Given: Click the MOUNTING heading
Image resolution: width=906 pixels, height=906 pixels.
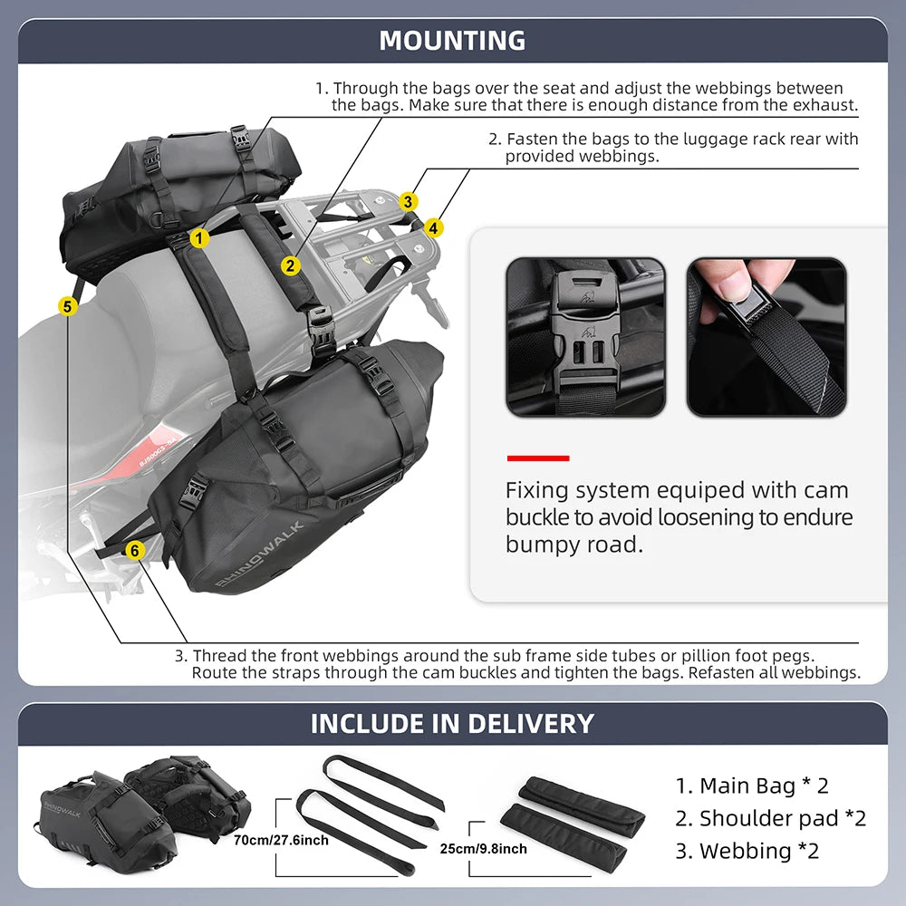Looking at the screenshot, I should pyautogui.click(x=452, y=41).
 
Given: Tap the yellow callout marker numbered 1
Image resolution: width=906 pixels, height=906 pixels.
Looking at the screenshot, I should pyautogui.click(x=200, y=238).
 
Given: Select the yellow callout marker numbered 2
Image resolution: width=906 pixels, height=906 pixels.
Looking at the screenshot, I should pyautogui.click(x=290, y=265).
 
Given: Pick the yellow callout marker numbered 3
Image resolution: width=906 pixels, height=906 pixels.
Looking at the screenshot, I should pyautogui.click(x=410, y=201).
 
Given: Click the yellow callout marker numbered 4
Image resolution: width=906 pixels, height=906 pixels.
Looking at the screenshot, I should pyautogui.click(x=434, y=228).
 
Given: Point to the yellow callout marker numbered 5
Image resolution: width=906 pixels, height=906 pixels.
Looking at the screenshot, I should pyautogui.click(x=67, y=306).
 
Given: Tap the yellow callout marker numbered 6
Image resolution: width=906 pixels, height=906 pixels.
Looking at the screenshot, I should pyautogui.click(x=134, y=550).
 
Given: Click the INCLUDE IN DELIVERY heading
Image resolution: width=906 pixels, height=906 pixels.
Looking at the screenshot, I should pyautogui.click(x=452, y=724).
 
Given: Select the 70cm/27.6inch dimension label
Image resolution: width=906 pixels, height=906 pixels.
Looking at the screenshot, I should pyautogui.click(x=282, y=841).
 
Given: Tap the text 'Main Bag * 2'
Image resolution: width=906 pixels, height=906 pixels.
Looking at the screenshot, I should pyautogui.click(x=751, y=786).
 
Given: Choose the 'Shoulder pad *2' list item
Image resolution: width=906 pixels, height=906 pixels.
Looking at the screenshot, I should pyautogui.click(x=770, y=818).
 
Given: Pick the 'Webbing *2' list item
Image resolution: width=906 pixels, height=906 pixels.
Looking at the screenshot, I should pyautogui.click(x=747, y=851).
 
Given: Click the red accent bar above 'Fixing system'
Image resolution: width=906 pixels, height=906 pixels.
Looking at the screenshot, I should pyautogui.click(x=537, y=458).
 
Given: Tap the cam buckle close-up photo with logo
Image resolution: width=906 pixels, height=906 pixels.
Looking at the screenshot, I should pyautogui.click(x=585, y=337).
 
